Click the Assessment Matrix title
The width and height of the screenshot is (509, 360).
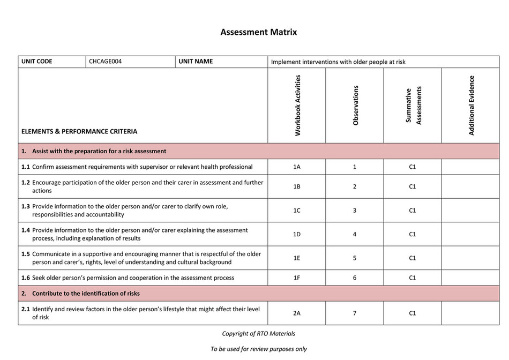point(258,32)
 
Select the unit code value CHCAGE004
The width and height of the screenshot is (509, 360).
point(106,62)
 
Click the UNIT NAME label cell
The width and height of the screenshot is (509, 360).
point(196,62)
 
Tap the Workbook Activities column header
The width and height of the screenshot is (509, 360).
point(297,105)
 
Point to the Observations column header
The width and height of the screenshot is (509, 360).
point(355,105)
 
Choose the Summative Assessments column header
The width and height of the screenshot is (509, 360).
point(413,106)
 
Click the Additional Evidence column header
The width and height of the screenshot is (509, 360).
point(471,105)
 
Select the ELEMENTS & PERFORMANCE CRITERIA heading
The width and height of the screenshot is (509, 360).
point(79,131)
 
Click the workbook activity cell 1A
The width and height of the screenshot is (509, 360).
point(297,167)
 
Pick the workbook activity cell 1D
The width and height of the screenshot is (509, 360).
point(297,234)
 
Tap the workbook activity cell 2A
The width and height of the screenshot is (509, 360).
point(297,313)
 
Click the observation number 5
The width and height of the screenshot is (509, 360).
point(355,258)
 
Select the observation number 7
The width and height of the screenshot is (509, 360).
point(355,313)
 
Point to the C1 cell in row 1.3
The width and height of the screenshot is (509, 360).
point(413,211)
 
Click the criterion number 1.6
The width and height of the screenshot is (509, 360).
point(26,278)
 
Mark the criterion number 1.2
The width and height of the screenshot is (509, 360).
point(26,183)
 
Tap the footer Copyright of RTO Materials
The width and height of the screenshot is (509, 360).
point(258,334)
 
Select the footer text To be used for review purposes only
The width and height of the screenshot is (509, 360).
point(258,349)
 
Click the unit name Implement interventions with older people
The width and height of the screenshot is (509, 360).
point(338,62)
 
